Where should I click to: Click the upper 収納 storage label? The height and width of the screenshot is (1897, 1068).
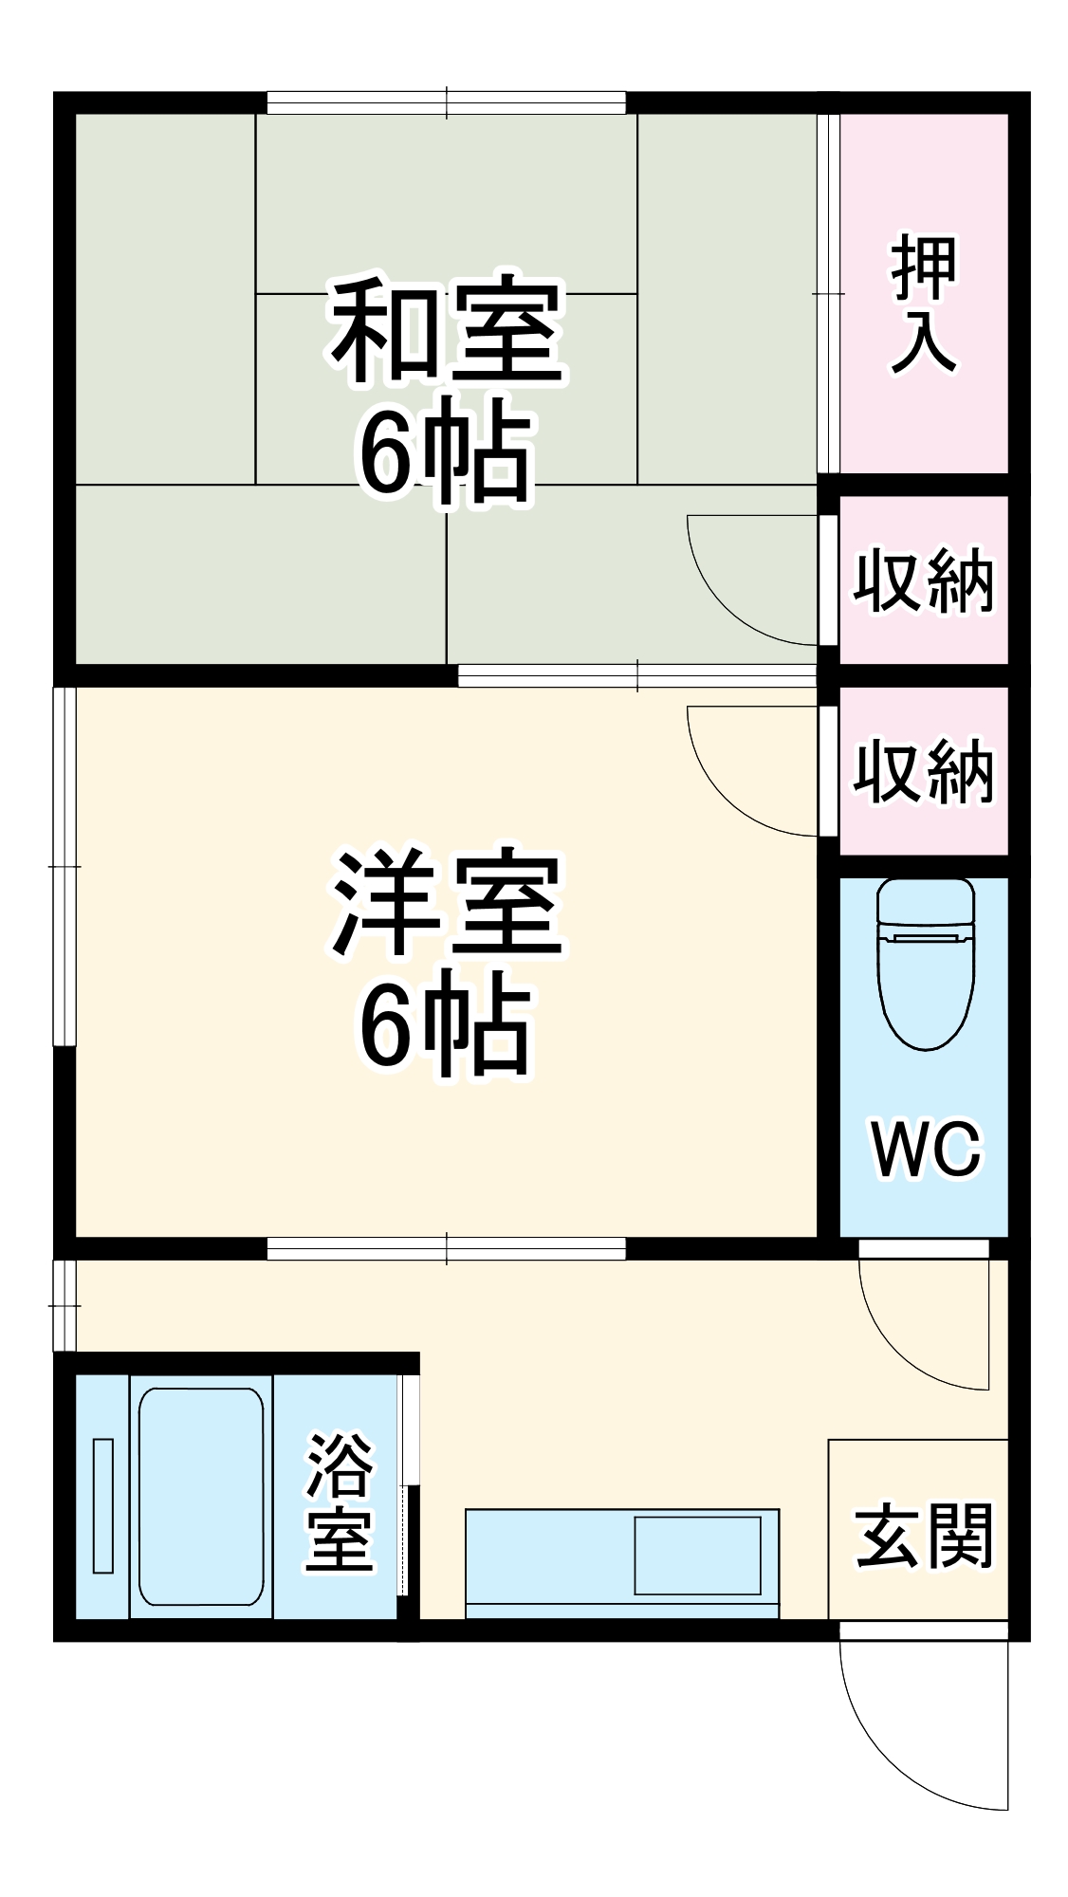click(x=922, y=580)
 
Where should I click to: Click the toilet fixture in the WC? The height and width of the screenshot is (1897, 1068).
click(x=926, y=963)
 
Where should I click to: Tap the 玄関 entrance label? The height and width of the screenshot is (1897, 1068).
click(x=922, y=1536)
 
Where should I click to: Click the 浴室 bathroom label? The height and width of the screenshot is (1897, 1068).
click(x=339, y=1501)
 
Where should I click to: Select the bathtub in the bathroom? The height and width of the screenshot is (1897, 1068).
click(x=201, y=1497)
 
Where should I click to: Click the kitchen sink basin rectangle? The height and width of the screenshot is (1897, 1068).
click(x=697, y=1555)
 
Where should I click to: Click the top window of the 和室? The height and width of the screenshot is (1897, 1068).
click(x=446, y=102)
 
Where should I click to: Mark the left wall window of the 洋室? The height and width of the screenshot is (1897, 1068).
click(x=64, y=865)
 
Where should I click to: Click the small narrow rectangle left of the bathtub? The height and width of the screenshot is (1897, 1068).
click(x=103, y=1504)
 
